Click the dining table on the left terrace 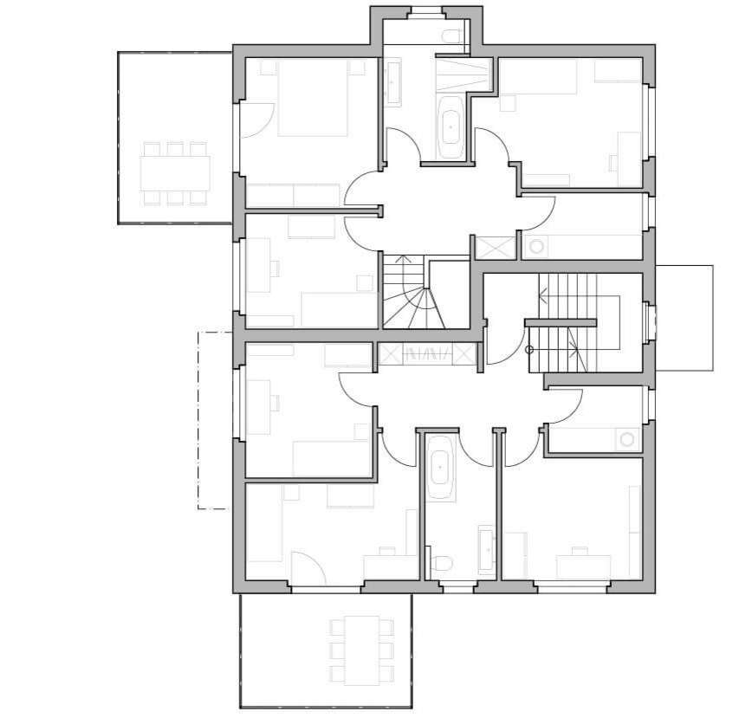[176, 173]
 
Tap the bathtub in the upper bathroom [451, 127]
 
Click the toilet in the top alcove [451, 36]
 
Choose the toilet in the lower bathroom [441, 565]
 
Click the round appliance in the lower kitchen [626, 440]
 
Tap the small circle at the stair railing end [529, 350]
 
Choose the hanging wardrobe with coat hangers [427, 354]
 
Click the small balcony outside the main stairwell [684, 318]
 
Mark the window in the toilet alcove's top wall [425, 11]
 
